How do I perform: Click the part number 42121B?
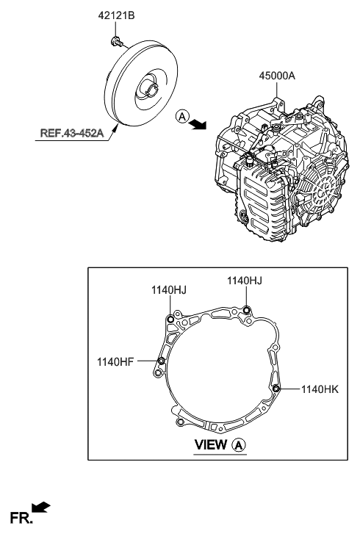[x=116, y=15]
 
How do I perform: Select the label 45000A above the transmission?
[x=277, y=76]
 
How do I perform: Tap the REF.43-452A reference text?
[x=72, y=132]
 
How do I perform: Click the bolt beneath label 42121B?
[x=116, y=41]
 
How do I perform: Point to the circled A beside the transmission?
[x=182, y=117]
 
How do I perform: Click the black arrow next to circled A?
[x=198, y=125]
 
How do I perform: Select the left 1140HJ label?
[x=169, y=290]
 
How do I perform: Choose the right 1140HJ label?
[x=245, y=281]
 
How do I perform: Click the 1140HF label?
[x=115, y=361]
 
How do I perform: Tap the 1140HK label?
[x=320, y=389]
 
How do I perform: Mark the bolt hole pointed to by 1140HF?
[x=162, y=361]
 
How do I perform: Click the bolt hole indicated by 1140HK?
[x=276, y=389]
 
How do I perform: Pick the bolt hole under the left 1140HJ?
[x=171, y=319]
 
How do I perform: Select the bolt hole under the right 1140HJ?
[x=247, y=309]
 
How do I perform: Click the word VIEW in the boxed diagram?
[x=210, y=445]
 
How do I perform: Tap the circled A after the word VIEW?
[x=239, y=445]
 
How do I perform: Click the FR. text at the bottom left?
[x=21, y=518]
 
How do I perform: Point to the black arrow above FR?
[x=41, y=507]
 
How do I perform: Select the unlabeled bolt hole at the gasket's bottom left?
[x=180, y=422]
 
